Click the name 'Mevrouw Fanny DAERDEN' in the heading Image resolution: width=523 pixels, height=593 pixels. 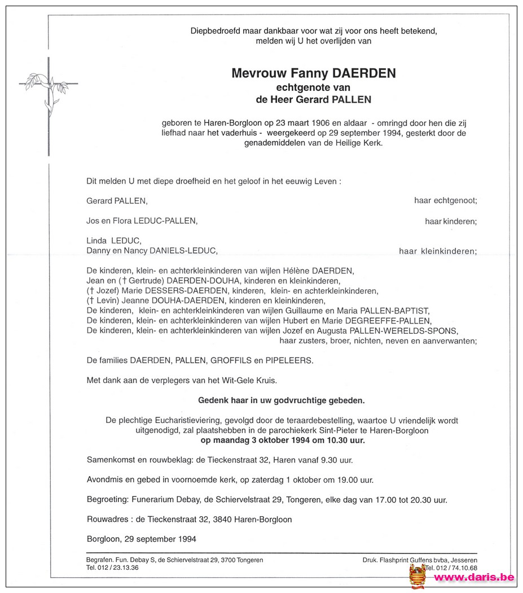313,73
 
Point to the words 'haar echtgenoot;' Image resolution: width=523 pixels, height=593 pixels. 445,200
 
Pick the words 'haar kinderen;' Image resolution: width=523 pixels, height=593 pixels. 451,222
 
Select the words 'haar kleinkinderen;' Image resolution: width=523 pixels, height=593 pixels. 437,251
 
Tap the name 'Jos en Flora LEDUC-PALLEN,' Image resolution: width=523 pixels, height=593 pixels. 142,221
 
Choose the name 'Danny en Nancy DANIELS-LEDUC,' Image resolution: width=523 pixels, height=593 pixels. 151,251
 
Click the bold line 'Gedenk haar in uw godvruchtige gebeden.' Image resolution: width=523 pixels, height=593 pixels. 281,400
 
